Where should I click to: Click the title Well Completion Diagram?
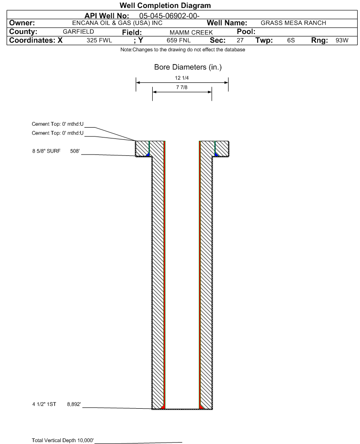tap(165, 5)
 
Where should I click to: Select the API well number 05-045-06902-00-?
tap(169, 16)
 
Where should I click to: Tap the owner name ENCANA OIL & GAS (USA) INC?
tap(117, 23)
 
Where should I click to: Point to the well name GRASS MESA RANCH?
tap(294, 23)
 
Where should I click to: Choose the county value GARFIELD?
tap(78, 32)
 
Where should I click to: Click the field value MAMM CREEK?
tap(191, 32)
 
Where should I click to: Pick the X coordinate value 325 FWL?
tap(99, 40)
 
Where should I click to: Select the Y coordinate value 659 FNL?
tap(179, 40)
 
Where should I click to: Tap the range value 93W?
tap(342, 40)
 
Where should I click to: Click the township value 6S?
tap(291, 40)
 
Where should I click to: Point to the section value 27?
tap(240, 40)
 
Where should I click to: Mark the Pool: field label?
tap(246, 32)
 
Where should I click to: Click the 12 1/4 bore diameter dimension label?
tap(182, 78)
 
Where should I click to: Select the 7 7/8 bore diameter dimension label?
tap(182, 87)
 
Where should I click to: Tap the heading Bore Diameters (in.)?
tap(188, 67)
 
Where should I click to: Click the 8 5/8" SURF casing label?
tap(46, 151)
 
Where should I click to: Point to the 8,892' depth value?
tap(74, 404)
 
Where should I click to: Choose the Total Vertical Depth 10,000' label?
tap(63, 440)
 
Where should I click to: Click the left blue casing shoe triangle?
tap(148, 154)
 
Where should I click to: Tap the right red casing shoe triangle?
tap(201, 407)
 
